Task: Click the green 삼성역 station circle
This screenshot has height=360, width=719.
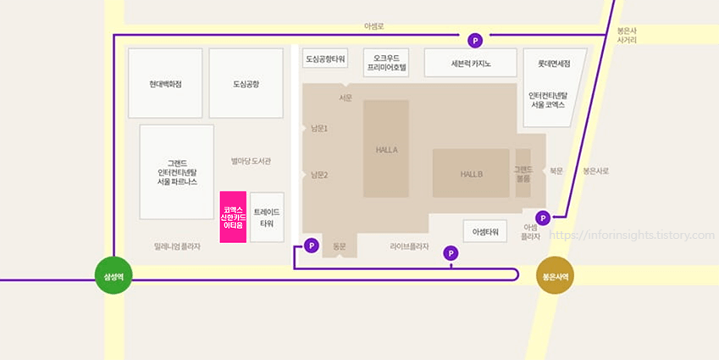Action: [x=113, y=276]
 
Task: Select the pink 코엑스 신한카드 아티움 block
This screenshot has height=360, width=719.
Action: [x=233, y=218]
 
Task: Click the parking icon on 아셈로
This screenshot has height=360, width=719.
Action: [x=475, y=40]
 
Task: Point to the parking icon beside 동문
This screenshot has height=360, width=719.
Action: [x=311, y=246]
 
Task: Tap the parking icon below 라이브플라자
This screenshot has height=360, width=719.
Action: [x=451, y=252]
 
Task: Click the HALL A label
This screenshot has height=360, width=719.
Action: [x=386, y=150]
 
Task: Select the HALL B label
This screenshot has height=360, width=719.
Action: [x=472, y=174]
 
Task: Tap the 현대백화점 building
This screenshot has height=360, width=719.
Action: [x=165, y=84]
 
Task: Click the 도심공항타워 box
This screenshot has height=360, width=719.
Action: [x=325, y=58]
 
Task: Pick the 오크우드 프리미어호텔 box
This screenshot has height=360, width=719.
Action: [x=386, y=62]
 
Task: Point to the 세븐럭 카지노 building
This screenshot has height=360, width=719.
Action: [x=471, y=63]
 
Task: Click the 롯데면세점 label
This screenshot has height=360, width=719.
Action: [x=554, y=64]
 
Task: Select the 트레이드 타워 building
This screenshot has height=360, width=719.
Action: [x=267, y=218]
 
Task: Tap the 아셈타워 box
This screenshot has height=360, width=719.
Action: [x=485, y=230]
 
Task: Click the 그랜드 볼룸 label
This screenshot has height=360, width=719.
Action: [x=523, y=174]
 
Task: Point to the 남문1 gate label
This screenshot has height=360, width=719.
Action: [x=318, y=129]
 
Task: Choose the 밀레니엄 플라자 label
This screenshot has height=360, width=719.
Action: [x=177, y=246]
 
